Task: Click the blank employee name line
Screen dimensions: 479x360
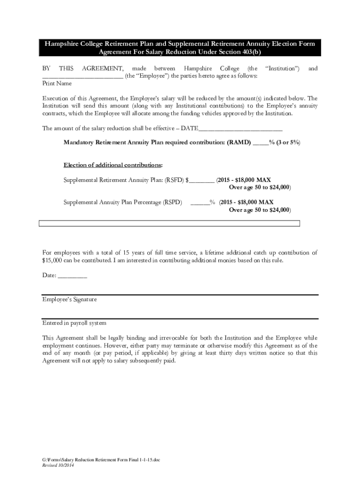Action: (83, 77)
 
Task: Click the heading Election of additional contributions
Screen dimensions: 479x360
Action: (113, 165)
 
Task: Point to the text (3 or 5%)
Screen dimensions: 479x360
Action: (289, 142)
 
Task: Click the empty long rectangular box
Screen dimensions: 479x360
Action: (169, 224)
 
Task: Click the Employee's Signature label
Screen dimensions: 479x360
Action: (70, 300)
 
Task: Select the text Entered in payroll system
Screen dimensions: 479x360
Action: (74, 323)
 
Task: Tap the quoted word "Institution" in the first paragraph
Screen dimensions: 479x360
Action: (282, 69)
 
